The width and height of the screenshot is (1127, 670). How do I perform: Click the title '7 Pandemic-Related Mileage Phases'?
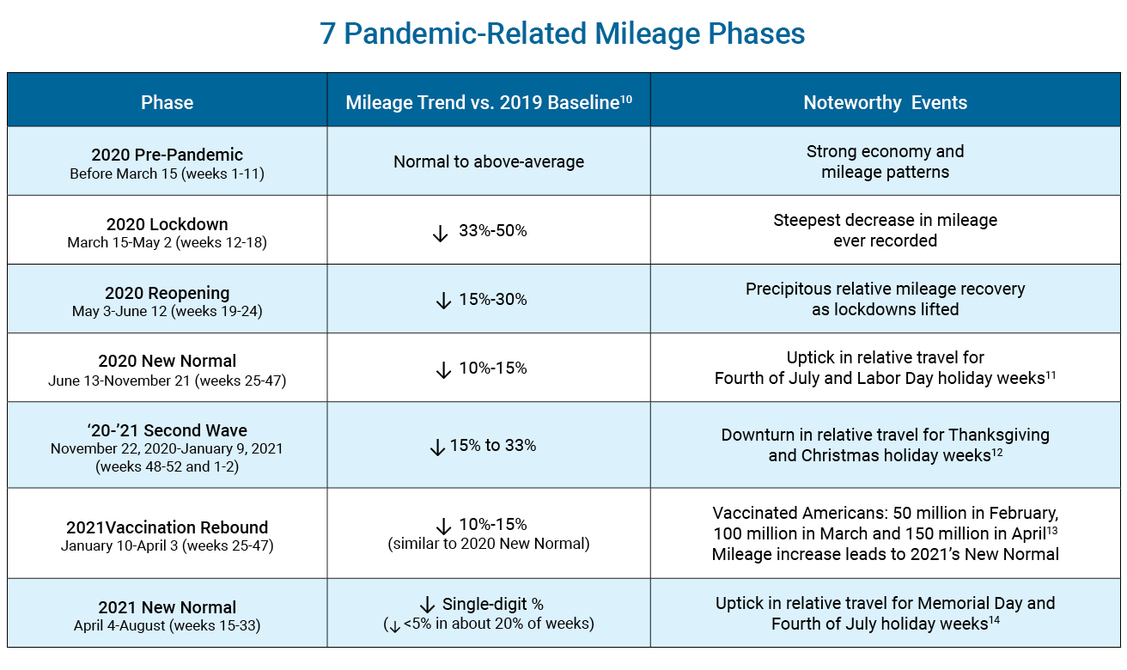click(563, 34)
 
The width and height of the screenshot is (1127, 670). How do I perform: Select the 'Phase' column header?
click(167, 103)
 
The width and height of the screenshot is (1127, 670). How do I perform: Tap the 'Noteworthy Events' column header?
click(885, 103)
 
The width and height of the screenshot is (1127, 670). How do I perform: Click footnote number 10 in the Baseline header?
click(626, 98)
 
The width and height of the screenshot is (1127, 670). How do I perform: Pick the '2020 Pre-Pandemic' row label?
click(167, 155)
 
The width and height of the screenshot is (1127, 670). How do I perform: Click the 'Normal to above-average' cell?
click(488, 161)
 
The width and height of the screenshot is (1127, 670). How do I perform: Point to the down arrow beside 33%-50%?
click(441, 232)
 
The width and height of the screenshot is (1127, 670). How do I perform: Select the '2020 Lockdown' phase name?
click(167, 224)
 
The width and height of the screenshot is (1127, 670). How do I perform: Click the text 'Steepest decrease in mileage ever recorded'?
click(885, 230)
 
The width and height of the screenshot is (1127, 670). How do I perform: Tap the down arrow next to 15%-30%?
click(444, 301)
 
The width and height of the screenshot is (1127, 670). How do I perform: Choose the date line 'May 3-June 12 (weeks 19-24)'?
click(167, 311)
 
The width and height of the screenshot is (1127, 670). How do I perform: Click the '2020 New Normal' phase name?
click(167, 361)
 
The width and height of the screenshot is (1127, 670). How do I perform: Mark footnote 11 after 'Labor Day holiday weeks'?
click(1051, 375)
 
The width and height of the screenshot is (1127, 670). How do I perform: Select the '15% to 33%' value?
click(493, 446)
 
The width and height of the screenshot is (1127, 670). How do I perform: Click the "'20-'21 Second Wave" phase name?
click(167, 430)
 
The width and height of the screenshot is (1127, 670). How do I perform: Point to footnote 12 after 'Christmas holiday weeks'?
click(996, 452)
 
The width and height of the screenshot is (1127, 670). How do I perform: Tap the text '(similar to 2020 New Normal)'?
click(488, 543)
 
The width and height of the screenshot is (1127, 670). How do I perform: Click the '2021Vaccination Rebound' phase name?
click(167, 527)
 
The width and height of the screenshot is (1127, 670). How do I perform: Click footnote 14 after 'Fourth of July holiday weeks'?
click(993, 620)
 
